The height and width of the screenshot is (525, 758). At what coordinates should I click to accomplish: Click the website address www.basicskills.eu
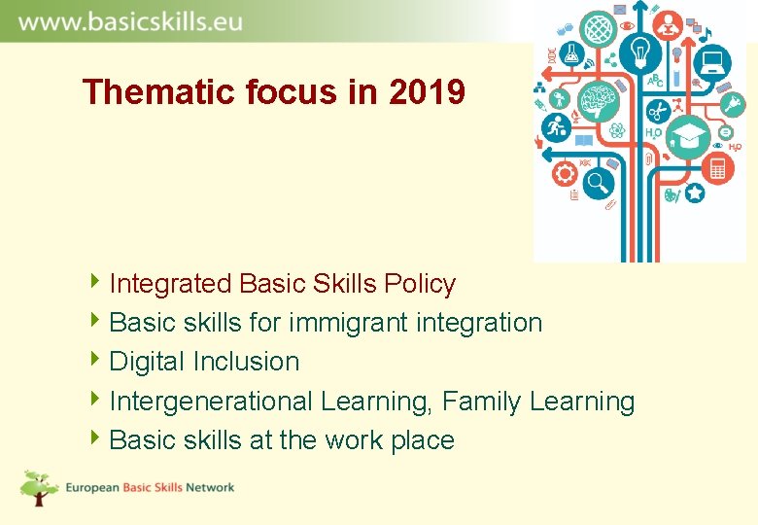(x=130, y=21)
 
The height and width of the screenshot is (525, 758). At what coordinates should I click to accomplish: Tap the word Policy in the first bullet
(x=420, y=284)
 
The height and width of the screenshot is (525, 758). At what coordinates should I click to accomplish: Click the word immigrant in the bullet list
(x=329, y=323)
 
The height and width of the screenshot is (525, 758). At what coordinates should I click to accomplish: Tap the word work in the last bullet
(x=354, y=440)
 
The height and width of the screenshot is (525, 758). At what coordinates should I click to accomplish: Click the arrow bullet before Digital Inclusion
(x=93, y=361)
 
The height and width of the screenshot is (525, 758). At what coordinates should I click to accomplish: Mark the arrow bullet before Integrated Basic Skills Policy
(x=93, y=283)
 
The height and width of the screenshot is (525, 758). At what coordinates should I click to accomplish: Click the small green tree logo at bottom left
(x=40, y=487)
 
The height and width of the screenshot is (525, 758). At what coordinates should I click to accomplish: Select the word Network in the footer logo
(x=209, y=487)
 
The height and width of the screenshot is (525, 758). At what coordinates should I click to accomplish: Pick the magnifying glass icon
(x=599, y=180)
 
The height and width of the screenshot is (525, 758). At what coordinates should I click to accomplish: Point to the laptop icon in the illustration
(x=715, y=63)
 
